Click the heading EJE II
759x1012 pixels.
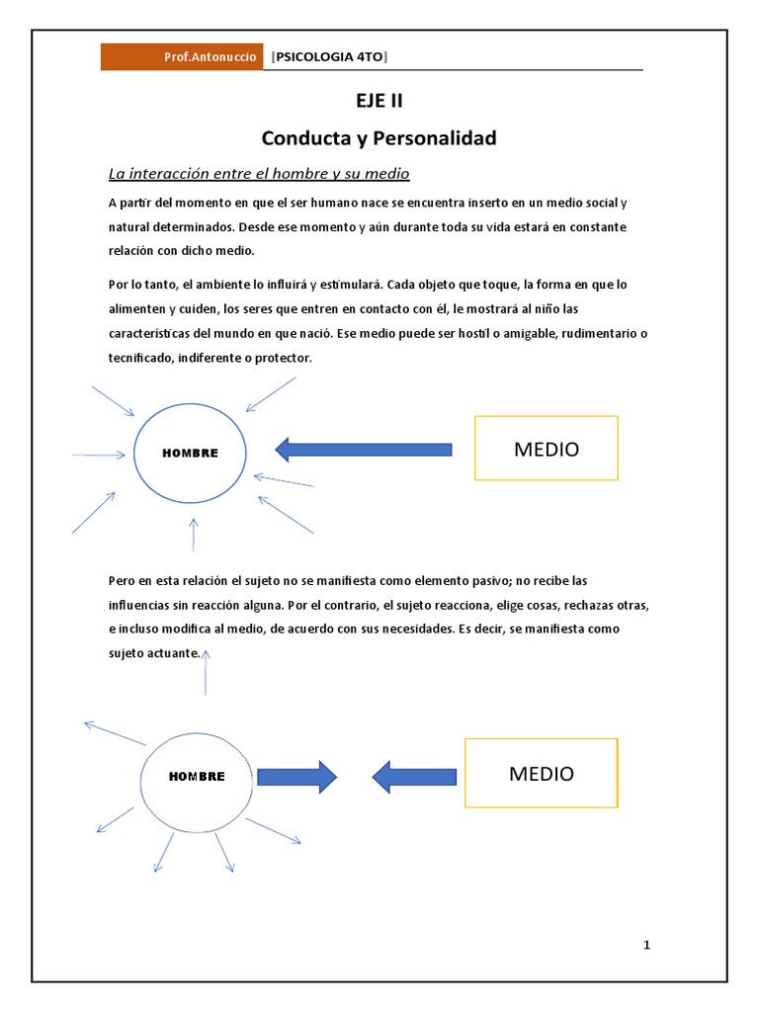click(379, 101)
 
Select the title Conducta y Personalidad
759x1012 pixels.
click(379, 138)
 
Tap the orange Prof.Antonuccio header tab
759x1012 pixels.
click(183, 57)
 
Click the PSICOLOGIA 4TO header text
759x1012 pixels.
click(329, 57)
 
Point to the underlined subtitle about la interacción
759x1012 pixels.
click(258, 174)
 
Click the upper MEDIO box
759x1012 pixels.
click(547, 449)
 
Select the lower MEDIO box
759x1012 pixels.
click(542, 773)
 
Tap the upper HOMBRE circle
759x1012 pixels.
click(190, 453)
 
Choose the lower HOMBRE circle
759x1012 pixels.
click(198, 777)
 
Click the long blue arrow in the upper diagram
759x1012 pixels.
click(363, 450)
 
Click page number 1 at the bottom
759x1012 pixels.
click(646, 945)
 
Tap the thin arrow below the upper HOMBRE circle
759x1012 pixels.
click(194, 534)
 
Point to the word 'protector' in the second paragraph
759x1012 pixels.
click(284, 358)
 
